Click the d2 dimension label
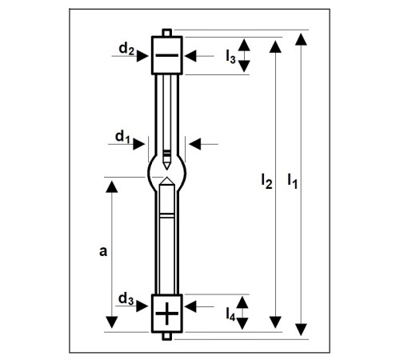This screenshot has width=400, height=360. point(126,49)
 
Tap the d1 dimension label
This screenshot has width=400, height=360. point(122,137)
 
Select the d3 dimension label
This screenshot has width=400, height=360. point(126,298)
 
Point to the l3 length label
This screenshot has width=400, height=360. point(230,57)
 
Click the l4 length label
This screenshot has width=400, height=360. point(230,314)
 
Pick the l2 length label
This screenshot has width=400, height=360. point(266,182)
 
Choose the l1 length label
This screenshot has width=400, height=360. point(293,182)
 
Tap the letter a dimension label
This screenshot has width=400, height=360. point(103,251)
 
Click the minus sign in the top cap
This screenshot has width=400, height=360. point(167,55)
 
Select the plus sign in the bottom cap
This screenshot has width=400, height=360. point(167,314)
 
